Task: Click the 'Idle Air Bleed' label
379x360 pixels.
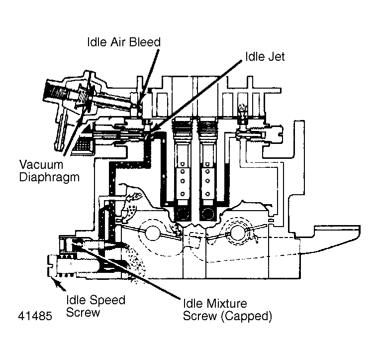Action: pyautogui.click(x=124, y=42)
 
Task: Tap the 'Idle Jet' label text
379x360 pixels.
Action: pyautogui.click(x=265, y=57)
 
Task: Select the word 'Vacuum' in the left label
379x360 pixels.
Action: pyautogui.click(x=41, y=165)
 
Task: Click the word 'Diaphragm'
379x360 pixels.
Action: pyautogui.click(x=49, y=178)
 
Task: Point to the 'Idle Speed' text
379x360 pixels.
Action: pyautogui.click(x=95, y=300)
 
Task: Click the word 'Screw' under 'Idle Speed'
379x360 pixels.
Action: pyautogui.click(x=83, y=312)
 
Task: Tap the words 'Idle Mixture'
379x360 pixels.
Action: pyautogui.click(x=215, y=303)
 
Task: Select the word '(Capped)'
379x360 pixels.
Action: pyautogui.click(x=247, y=316)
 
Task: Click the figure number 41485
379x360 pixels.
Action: pyautogui.click(x=35, y=316)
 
